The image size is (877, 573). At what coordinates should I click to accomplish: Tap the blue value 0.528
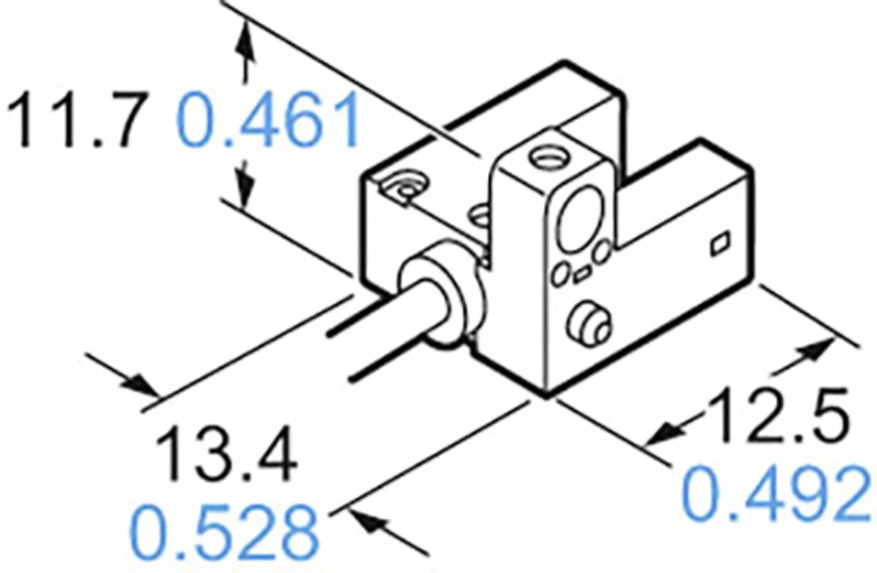tap(224, 528)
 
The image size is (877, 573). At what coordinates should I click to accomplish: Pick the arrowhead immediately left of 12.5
tap(671, 430)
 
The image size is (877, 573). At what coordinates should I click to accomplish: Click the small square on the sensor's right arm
tap(719, 243)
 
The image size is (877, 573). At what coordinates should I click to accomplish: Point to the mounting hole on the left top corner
tap(406, 188)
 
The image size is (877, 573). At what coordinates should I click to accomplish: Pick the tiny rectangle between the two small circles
tap(581, 276)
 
